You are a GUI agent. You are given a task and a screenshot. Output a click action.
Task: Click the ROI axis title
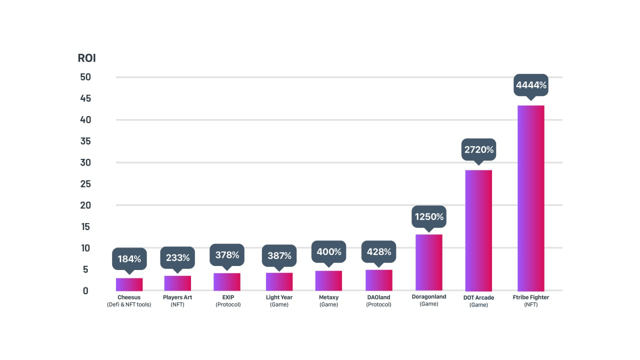point(86,58)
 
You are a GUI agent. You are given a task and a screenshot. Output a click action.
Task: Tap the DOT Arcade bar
point(478,230)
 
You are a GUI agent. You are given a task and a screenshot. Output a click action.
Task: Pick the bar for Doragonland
point(429,262)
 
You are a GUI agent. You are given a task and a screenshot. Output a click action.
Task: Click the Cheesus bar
point(129,284)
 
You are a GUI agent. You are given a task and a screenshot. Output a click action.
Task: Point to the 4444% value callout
point(531,85)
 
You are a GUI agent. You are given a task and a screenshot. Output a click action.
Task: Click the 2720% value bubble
point(478,149)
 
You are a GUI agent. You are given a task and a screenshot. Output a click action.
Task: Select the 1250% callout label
point(429,217)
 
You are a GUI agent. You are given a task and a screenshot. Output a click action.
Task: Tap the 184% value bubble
point(129,259)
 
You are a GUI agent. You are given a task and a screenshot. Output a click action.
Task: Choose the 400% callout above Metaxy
point(328,252)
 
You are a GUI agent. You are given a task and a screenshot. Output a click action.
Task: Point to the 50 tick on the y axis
point(85,77)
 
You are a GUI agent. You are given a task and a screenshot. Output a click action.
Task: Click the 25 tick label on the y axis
point(85,184)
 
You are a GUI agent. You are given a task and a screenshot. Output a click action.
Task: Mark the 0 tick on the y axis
point(85,290)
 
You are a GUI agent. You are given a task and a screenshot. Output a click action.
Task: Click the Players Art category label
point(177,297)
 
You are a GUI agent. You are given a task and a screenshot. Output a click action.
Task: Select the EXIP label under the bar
point(228,297)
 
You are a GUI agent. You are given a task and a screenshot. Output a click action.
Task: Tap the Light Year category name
point(279,297)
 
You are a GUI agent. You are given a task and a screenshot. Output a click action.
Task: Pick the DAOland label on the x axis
point(378,297)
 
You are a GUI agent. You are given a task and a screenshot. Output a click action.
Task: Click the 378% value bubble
point(227,255)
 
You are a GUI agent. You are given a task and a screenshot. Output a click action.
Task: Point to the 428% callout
point(378,252)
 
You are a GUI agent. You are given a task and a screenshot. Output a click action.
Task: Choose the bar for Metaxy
point(328,280)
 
